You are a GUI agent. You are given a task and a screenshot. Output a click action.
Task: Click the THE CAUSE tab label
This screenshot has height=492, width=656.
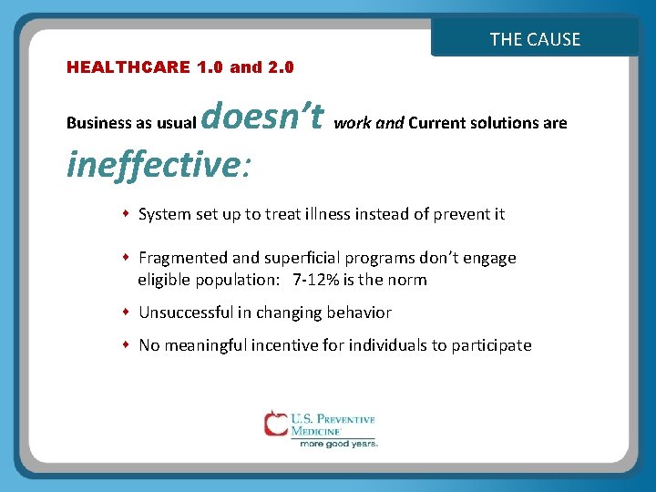[x=535, y=39]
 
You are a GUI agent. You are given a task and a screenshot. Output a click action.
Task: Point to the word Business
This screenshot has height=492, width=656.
[x=97, y=123]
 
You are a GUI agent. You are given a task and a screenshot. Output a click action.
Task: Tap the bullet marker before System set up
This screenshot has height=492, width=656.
[x=127, y=214]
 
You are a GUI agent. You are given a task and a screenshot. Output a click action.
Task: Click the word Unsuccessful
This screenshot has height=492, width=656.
[x=186, y=313]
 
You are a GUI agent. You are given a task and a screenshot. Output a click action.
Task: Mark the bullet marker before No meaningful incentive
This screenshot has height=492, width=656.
[x=127, y=345]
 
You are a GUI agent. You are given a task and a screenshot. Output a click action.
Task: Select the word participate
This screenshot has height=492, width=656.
[x=491, y=345]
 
